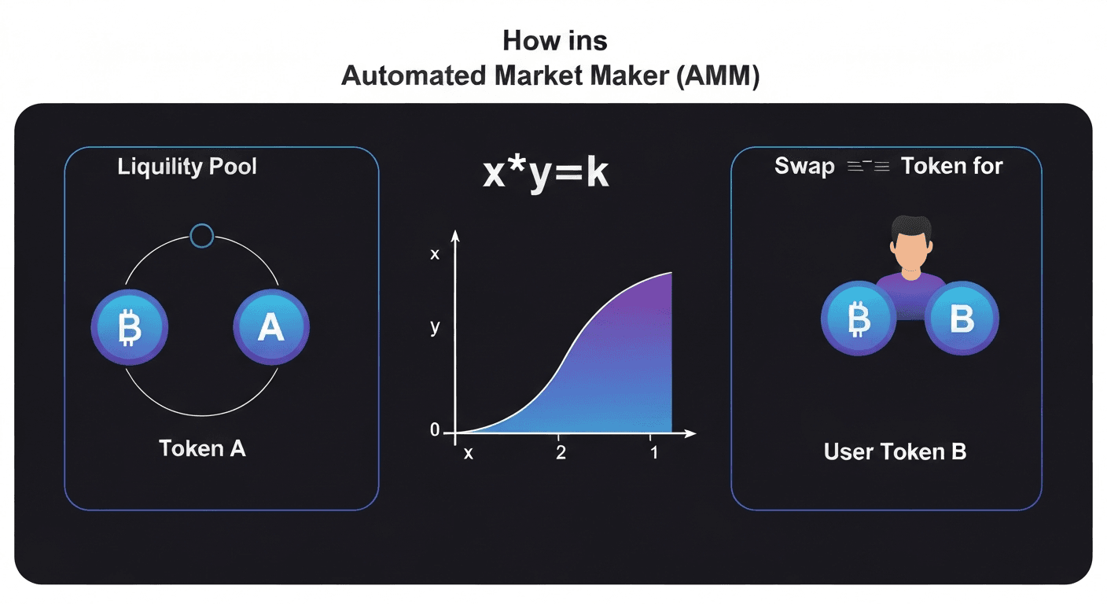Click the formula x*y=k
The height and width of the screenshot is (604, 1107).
(x=545, y=173)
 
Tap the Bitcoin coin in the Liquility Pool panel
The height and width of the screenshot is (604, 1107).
(x=130, y=330)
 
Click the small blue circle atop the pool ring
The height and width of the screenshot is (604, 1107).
(x=202, y=235)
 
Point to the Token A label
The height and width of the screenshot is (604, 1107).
(x=202, y=448)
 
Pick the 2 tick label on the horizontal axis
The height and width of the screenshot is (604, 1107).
(x=561, y=454)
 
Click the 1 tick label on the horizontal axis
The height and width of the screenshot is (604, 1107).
(x=653, y=454)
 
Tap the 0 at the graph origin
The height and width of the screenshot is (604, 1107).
(x=435, y=430)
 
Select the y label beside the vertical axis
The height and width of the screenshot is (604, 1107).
(x=435, y=328)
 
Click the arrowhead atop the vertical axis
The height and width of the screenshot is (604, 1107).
(x=455, y=236)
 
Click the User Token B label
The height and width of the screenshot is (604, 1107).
(x=895, y=451)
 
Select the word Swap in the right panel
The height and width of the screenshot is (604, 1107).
(x=804, y=167)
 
